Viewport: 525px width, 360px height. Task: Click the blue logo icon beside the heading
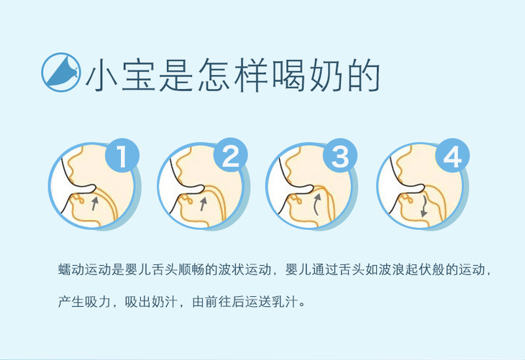(x=61, y=72)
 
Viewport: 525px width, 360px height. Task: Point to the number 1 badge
(x=122, y=155)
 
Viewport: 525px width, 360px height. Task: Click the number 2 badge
(x=231, y=155)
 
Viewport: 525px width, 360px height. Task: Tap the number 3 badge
(x=340, y=156)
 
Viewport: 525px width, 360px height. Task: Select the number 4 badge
(x=452, y=156)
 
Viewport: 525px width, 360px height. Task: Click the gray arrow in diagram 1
(x=95, y=203)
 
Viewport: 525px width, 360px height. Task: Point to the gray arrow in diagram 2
(x=203, y=203)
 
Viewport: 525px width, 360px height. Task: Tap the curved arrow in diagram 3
(x=316, y=205)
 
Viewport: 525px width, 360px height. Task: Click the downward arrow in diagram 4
(x=424, y=206)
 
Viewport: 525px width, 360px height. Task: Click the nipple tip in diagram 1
(x=93, y=188)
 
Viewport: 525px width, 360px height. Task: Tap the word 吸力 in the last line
(x=98, y=302)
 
